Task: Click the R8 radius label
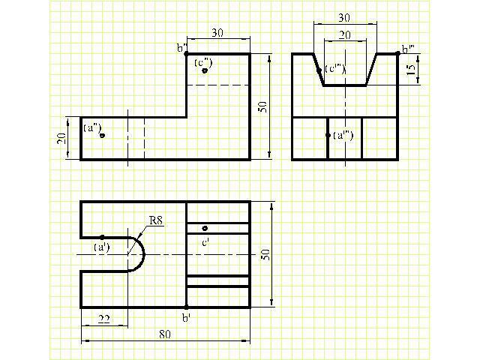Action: (156, 220)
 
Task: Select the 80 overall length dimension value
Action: (165, 334)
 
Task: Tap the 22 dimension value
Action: (104, 319)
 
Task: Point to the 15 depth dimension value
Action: (412, 69)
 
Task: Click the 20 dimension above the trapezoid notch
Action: (345, 35)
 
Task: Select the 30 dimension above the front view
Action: (217, 33)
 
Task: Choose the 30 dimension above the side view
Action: (344, 17)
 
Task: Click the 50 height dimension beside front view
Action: (263, 106)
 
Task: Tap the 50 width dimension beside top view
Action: (265, 254)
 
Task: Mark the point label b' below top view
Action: (186, 318)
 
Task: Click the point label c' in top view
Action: (205, 243)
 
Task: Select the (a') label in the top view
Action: (102, 247)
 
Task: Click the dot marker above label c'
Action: (205, 228)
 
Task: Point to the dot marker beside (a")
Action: (102, 135)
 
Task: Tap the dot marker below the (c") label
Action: (205, 70)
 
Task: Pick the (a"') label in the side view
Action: (343, 135)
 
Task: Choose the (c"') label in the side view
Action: (335, 68)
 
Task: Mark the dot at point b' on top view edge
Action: (186, 307)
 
